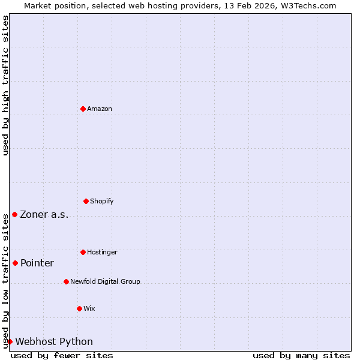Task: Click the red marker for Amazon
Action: pyautogui.click(x=83, y=109)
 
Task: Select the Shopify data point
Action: pyautogui.click(x=86, y=201)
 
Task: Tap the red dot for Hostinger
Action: pyautogui.click(x=83, y=252)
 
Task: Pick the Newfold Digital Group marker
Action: pyautogui.click(x=66, y=281)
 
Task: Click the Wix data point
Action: pyautogui.click(x=79, y=308)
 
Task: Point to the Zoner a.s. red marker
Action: pyautogui.click(x=14, y=214)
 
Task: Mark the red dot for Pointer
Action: pyautogui.click(x=15, y=263)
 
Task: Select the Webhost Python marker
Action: pyautogui.click(x=10, y=341)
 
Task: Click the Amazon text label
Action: pyautogui.click(x=100, y=109)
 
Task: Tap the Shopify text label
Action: pyautogui.click(x=102, y=201)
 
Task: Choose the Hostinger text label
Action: pyautogui.click(x=103, y=252)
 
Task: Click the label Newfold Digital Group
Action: pyautogui.click(x=105, y=281)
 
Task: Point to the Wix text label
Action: pyautogui.click(x=89, y=308)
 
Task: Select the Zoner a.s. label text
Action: pyautogui.click(x=44, y=215)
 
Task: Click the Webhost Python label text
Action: pyautogui.click(x=54, y=342)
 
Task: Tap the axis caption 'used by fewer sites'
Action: pyautogui.click(x=62, y=355)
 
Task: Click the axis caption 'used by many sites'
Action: pyautogui.click(x=301, y=355)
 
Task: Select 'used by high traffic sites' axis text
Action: pyautogui.click(x=5, y=85)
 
